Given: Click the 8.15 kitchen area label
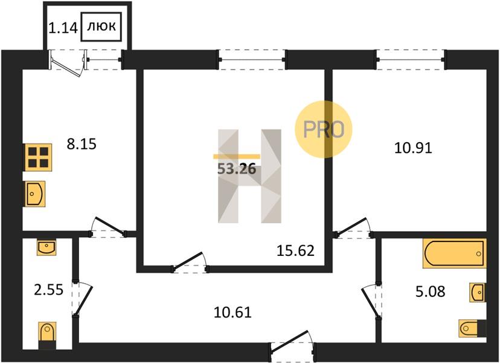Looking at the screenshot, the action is (x=82, y=144).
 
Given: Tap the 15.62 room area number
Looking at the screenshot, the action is (x=296, y=251).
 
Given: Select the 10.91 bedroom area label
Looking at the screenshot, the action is (x=413, y=148).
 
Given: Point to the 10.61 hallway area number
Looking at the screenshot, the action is (x=232, y=312).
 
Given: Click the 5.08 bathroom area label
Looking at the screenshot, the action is (x=431, y=292).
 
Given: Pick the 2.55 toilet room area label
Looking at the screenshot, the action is (x=49, y=290).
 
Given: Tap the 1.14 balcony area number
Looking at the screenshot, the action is (x=63, y=28).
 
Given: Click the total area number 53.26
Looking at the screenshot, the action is (x=237, y=169).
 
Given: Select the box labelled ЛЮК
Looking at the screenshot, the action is (x=101, y=27).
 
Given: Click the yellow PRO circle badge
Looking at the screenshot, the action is (x=323, y=129).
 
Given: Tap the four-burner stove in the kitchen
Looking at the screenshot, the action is (x=38, y=157).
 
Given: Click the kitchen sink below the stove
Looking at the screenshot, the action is (x=35, y=194).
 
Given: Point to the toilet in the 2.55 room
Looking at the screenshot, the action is (x=47, y=335).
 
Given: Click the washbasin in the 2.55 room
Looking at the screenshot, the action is (x=46, y=247).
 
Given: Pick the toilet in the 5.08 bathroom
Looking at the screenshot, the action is (x=473, y=328).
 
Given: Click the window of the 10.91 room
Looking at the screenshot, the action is (x=411, y=59).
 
